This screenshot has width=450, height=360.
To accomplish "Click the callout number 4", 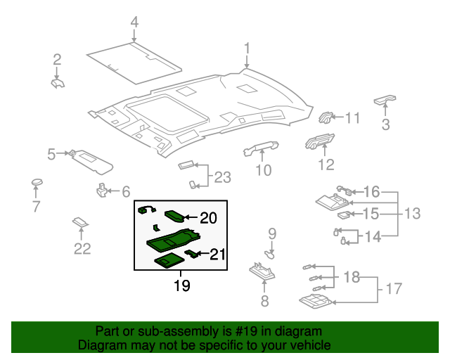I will click(x=134, y=23).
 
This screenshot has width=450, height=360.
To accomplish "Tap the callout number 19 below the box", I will click(x=182, y=285).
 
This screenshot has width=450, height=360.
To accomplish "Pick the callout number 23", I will click(x=222, y=177).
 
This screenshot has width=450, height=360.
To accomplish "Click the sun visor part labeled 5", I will click(x=94, y=161).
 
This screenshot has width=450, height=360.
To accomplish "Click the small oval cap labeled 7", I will click(x=37, y=184).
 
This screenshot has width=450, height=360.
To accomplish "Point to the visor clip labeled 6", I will click(x=103, y=190).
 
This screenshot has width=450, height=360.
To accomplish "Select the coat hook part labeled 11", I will click(x=328, y=117).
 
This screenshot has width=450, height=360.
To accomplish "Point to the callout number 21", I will click(x=218, y=255).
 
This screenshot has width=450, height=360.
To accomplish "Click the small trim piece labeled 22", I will click(x=82, y=224).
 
